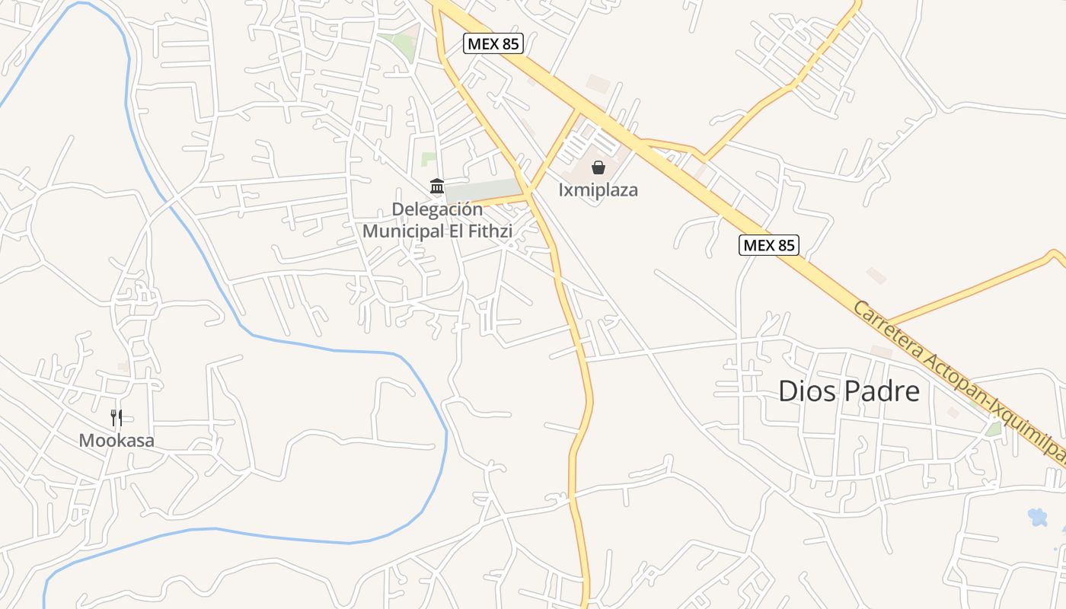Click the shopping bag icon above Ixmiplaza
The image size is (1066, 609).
[598, 167]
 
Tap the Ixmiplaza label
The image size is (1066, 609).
[598, 190]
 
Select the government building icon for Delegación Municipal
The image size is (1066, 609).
[437, 186]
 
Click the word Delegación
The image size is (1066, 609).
[437, 209]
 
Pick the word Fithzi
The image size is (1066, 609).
[491, 231]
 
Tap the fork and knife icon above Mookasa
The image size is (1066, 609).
[116, 417]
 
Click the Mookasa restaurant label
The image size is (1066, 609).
[116, 440]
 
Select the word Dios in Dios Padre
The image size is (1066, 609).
[808, 391]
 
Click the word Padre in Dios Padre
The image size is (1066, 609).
[883, 391]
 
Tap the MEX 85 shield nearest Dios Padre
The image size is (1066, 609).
[768, 245]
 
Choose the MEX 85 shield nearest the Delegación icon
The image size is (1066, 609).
[493, 43]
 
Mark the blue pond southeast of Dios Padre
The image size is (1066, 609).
[1037, 517]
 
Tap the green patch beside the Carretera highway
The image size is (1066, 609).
[994, 429]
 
